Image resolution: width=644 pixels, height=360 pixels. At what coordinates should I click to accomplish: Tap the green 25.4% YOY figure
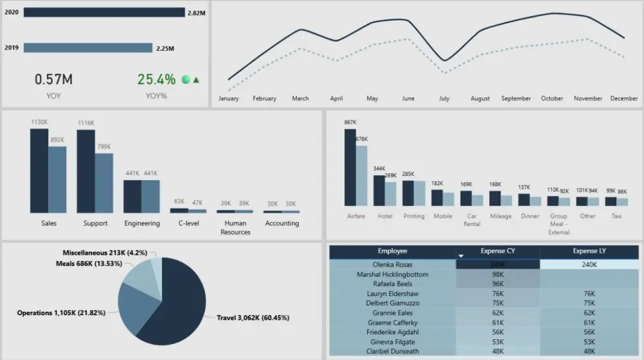pyautogui.click(x=156, y=79)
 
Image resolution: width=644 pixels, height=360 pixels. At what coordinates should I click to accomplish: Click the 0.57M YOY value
pyautogui.click(x=53, y=79)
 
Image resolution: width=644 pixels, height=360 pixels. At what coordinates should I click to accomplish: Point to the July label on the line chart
pyautogui.click(x=444, y=99)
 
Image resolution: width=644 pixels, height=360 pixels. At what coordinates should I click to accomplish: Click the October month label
pyautogui.click(x=552, y=99)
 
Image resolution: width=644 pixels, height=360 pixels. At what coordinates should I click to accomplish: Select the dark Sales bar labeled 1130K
pyautogui.click(x=39, y=171)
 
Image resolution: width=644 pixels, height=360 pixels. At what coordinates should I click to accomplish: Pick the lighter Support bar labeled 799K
pyautogui.click(x=104, y=183)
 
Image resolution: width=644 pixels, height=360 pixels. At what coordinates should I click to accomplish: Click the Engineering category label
pyautogui.click(x=142, y=223)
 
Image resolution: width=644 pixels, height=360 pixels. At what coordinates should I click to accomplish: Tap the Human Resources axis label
pyautogui.click(x=235, y=227)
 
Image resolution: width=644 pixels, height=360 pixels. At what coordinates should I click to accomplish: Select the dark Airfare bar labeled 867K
pyautogui.click(x=350, y=167)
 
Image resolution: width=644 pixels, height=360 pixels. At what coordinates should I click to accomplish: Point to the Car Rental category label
pyautogui.click(x=471, y=220)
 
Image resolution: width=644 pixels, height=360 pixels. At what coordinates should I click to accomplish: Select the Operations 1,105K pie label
pyautogui.click(x=66, y=312)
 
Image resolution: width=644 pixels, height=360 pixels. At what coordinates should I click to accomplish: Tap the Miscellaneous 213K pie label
pyautogui.click(x=109, y=253)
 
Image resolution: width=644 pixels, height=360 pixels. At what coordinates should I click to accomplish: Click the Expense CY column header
pyautogui.click(x=498, y=251)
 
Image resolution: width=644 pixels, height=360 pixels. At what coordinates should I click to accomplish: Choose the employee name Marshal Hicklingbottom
pyautogui.click(x=392, y=274)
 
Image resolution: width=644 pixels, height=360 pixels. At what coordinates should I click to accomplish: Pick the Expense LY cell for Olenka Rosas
pyautogui.click(x=589, y=264)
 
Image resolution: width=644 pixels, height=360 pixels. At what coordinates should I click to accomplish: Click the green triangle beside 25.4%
pyautogui.click(x=196, y=80)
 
